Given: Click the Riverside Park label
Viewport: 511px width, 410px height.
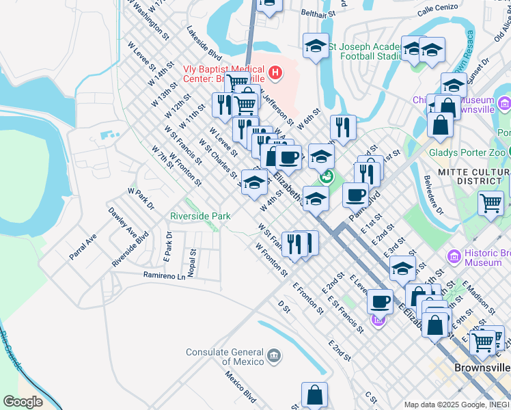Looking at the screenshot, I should click(x=200, y=216).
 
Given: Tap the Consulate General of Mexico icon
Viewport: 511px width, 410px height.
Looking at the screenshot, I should click(x=273, y=356).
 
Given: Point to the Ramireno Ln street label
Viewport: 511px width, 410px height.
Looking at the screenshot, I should click(x=164, y=276).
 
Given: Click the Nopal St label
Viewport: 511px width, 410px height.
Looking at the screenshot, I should click(x=193, y=260).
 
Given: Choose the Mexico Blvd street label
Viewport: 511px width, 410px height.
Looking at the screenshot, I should click(x=242, y=387).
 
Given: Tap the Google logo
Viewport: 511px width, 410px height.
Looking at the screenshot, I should click(x=23, y=401).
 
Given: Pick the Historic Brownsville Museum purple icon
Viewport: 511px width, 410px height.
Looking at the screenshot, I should click(x=454, y=257).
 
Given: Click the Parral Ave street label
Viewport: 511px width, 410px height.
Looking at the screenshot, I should click(x=83, y=247).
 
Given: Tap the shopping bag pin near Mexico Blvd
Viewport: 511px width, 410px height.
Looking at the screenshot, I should click(x=314, y=395).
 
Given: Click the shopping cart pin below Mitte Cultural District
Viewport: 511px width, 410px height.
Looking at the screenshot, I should click(x=491, y=204).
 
